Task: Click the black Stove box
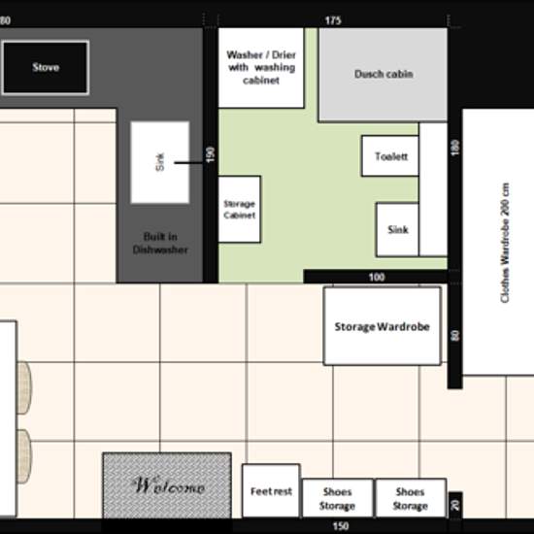pyautogui.click(x=46, y=67)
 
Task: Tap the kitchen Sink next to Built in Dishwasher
pyautogui.click(x=160, y=162)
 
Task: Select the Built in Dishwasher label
pyautogui.click(x=160, y=243)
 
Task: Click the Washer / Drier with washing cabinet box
pyautogui.click(x=261, y=68)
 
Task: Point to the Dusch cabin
pyautogui.click(x=383, y=75)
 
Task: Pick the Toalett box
pyautogui.click(x=390, y=156)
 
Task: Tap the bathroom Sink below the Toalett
pyautogui.click(x=397, y=229)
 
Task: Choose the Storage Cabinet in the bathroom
pyautogui.click(x=240, y=209)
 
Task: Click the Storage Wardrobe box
pyautogui.click(x=383, y=326)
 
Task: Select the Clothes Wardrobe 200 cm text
pyautogui.click(x=505, y=243)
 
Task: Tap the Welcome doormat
pyautogui.click(x=167, y=485)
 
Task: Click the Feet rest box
pyautogui.click(x=271, y=490)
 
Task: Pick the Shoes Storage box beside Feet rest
pyautogui.click(x=337, y=498)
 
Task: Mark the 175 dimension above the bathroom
pyautogui.click(x=333, y=20)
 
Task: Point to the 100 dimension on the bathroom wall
pyautogui.click(x=377, y=278)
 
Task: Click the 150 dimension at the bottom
pyautogui.click(x=341, y=526)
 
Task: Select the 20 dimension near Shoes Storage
pyautogui.click(x=455, y=505)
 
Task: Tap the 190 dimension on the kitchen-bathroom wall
pyautogui.click(x=211, y=154)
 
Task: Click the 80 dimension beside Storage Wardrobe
pyautogui.click(x=455, y=336)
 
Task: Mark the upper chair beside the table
pyautogui.click(x=24, y=388)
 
